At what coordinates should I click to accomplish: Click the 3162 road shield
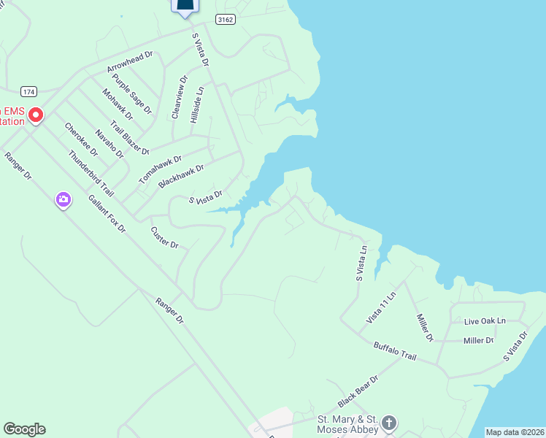tap(226, 20)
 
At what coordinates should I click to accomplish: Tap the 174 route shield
tap(28, 92)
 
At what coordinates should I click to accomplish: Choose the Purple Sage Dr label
tap(131, 93)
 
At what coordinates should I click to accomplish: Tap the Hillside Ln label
tap(196, 104)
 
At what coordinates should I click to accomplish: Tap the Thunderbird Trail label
tap(91, 174)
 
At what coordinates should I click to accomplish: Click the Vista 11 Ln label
tap(380, 308)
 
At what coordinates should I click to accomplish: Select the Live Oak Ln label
tap(485, 321)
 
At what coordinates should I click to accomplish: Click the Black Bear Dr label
tap(358, 392)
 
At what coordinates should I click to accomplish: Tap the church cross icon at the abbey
tap(389, 423)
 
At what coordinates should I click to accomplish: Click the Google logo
tap(24, 429)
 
